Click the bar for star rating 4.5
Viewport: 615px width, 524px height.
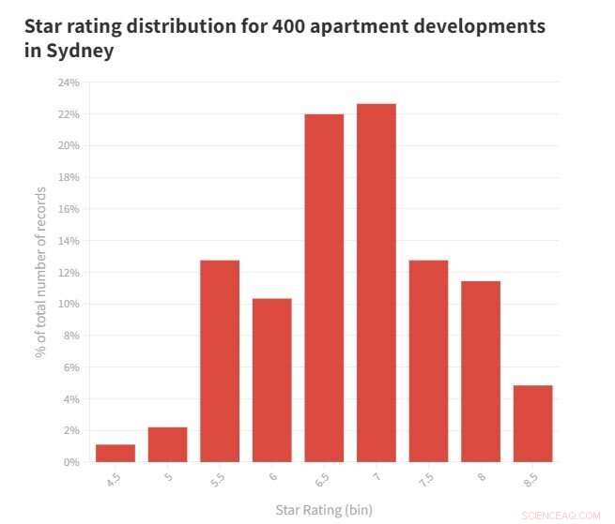[115, 453]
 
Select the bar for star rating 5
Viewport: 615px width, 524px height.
[167, 444]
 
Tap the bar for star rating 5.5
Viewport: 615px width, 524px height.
[220, 361]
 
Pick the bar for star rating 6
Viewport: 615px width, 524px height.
[271, 380]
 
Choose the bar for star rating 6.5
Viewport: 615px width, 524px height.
[324, 288]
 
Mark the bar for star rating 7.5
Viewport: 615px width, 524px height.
[428, 361]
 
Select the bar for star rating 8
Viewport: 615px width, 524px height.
[480, 371]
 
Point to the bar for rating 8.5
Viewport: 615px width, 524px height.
[532, 424]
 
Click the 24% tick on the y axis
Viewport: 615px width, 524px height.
[68, 82]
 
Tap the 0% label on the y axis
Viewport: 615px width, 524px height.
[70, 462]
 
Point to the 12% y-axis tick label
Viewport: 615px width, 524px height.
[68, 272]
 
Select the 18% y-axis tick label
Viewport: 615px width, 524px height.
[68, 177]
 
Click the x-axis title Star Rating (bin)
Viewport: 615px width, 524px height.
[324, 510]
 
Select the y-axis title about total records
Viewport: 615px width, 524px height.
[41, 272]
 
